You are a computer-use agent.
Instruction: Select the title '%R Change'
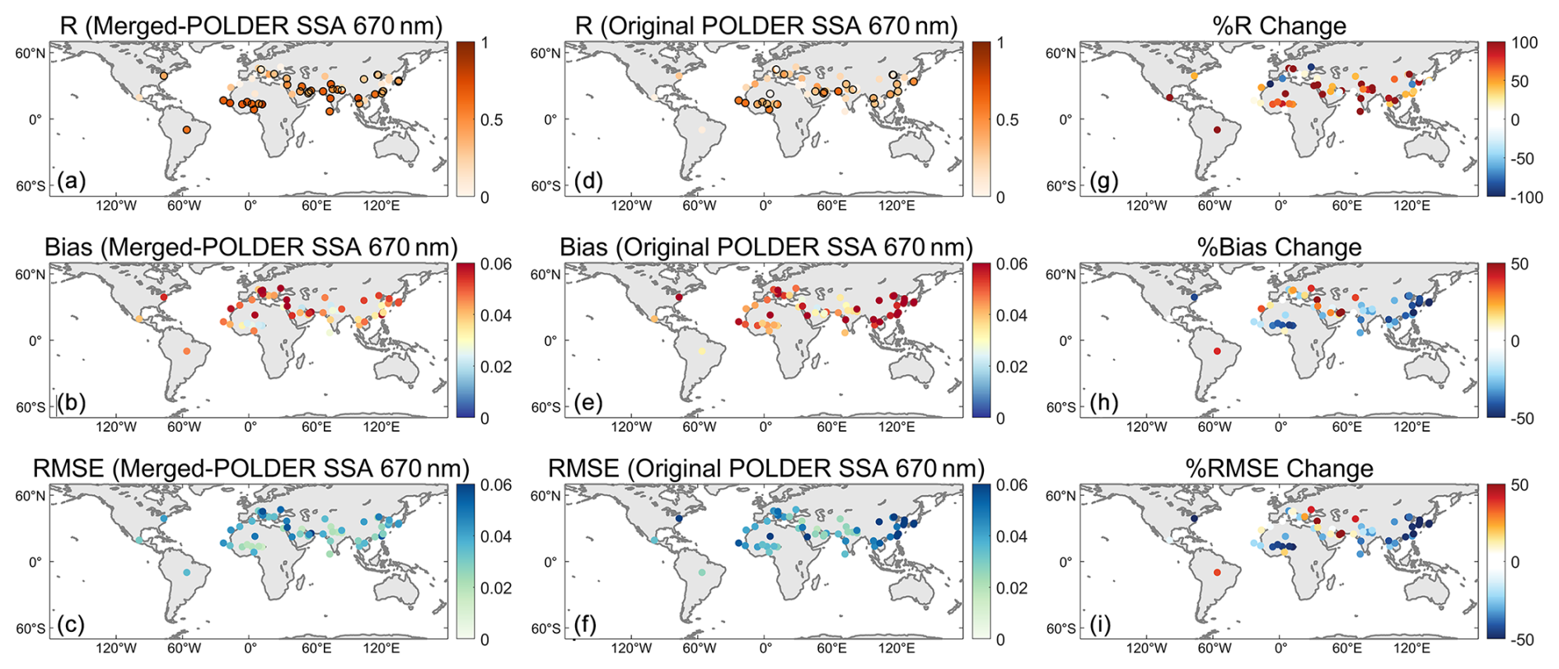[x=1279, y=26]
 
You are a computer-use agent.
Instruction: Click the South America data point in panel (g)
[x=1216, y=130]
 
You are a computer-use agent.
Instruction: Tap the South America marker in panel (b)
[x=187, y=352]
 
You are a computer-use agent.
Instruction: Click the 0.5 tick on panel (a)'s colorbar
[x=496, y=120]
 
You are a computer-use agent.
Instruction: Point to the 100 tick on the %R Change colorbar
[x=1524, y=43]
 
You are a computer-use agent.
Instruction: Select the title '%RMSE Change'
[x=1279, y=468]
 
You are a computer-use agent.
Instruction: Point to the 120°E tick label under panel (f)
[x=896, y=648]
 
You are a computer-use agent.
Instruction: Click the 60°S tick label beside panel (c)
[x=31, y=629]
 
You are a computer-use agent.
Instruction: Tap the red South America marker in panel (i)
[x=1216, y=573]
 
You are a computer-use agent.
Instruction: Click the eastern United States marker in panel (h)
[x=1193, y=297]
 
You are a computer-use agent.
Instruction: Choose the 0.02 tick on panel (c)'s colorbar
[x=496, y=588]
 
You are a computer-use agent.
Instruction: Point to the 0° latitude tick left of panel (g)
[x=1065, y=119]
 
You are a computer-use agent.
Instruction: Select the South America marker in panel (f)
[x=702, y=573]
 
